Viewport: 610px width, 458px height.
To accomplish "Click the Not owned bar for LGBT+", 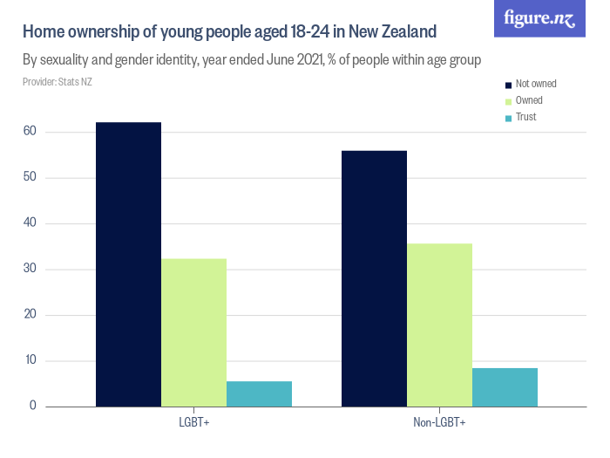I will [128, 264].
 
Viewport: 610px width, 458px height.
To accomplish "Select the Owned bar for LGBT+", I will [193, 332].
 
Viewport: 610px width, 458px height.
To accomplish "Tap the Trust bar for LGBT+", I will [259, 393].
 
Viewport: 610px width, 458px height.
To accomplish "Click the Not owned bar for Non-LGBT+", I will [374, 278].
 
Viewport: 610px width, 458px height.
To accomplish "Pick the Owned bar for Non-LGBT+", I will [439, 325].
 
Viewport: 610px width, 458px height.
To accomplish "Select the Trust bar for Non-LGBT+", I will [505, 386].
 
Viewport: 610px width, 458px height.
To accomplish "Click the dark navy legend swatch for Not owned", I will [508, 85].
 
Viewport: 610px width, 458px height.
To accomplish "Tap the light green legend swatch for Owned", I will [508, 101].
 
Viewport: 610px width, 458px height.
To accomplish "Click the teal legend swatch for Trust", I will [508, 118].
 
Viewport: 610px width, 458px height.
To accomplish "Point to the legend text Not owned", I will [536, 85].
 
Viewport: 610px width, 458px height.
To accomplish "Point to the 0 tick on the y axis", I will [33, 407].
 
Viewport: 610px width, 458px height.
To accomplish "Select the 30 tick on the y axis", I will [30, 270].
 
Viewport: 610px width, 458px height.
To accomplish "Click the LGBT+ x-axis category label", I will [193, 423].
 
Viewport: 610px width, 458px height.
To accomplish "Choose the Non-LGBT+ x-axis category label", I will [439, 423].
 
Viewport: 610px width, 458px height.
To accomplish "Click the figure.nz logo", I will [539, 18].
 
